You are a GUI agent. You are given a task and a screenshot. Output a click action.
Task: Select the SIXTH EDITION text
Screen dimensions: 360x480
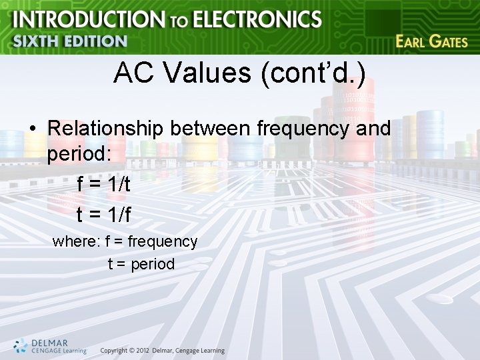point(70,41)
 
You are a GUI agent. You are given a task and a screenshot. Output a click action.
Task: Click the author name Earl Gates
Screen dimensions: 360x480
point(431,41)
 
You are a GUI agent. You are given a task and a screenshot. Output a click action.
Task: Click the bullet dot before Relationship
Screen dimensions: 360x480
point(32,129)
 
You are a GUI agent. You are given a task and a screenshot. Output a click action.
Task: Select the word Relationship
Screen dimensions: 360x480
point(107,127)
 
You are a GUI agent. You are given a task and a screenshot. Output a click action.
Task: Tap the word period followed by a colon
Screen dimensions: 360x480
point(79,154)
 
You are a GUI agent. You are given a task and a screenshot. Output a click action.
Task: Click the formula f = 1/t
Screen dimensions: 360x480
point(104,185)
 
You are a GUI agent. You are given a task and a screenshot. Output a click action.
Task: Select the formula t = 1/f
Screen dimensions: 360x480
point(104,214)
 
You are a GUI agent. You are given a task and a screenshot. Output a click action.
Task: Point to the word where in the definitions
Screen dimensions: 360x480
point(75,241)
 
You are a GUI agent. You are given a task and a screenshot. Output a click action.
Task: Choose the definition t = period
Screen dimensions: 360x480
point(141,264)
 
